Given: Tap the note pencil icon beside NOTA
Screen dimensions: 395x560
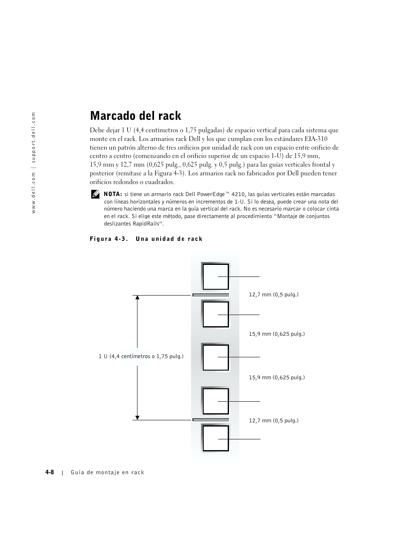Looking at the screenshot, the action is [x=95, y=194].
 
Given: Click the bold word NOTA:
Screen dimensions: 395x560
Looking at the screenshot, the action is [x=113, y=194].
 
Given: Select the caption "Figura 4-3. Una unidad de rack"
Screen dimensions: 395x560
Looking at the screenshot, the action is [x=146, y=239].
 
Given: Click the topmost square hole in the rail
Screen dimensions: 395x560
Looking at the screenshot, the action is [x=215, y=276].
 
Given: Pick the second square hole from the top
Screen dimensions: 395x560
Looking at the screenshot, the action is [x=215, y=315].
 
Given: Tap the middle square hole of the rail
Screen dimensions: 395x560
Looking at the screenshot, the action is [x=215, y=357].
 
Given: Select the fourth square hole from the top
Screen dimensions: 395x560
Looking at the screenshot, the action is [x=215, y=401].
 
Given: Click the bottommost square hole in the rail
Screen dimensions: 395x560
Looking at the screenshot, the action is [x=215, y=439].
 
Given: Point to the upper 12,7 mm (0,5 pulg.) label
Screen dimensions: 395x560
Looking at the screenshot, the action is [x=273, y=295].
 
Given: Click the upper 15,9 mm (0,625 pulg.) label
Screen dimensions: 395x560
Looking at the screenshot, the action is [x=277, y=334].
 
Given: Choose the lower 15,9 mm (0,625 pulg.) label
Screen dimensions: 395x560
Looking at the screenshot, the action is [x=277, y=378].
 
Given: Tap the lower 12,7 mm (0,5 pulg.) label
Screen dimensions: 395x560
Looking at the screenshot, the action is [x=273, y=421].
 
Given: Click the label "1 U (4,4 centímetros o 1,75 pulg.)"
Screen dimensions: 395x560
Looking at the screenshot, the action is [x=141, y=356].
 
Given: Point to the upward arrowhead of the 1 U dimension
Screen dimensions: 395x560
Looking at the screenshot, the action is [x=137, y=298].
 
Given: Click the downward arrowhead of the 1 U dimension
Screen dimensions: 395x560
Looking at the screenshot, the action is [x=137, y=417].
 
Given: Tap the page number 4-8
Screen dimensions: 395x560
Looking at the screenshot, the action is [x=50, y=472].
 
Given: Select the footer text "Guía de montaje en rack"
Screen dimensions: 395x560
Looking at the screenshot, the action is [x=107, y=473].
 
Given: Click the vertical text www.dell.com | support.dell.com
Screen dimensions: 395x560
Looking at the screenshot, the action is [x=34, y=163].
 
